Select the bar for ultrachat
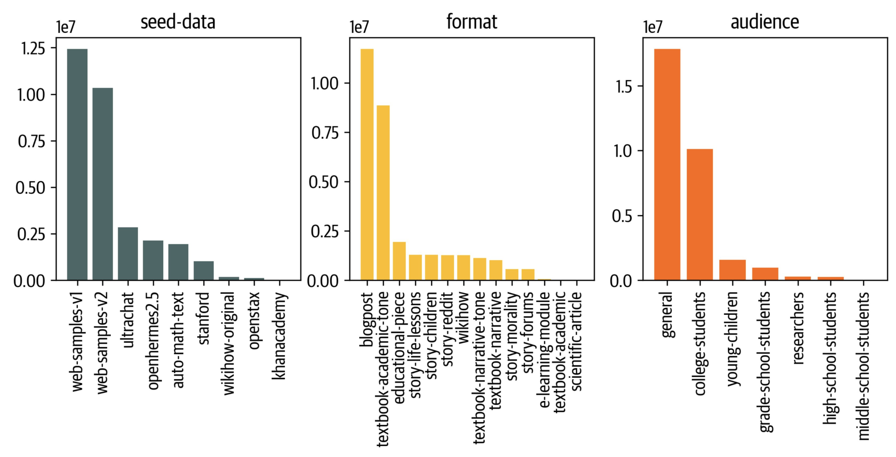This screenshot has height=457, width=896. pos(128,254)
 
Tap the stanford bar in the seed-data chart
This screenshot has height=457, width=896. pos(203,271)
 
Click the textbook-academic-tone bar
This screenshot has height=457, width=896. pos(383,192)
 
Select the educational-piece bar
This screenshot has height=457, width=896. pos(399,261)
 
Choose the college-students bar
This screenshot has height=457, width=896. pos(700,214)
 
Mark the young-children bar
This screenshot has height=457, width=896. pos(732,270)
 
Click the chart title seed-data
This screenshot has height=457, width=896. pos(178,22)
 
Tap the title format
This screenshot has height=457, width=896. pos(472,22)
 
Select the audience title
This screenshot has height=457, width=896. pos(765,22)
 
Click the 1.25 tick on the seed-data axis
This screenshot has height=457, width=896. pos(33,49)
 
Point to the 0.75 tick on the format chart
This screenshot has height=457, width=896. pos(325,133)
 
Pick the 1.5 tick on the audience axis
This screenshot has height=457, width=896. pos(623,87)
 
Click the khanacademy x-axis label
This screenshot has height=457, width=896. pos(280,336)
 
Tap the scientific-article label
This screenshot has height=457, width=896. pos(577,341)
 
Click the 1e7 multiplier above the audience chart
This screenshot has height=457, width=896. pos(652,27)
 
